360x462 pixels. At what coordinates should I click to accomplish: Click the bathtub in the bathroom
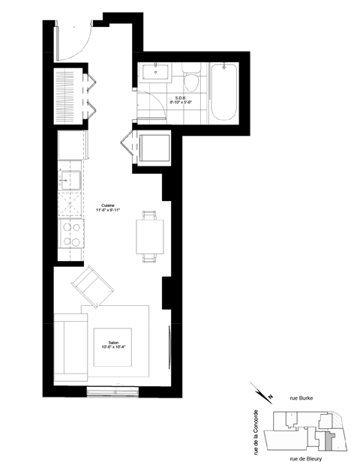pyautogui.click(x=223, y=94)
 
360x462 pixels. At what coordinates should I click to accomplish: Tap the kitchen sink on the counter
pyautogui.click(x=73, y=181)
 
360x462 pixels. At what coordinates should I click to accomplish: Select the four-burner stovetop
pyautogui.click(x=73, y=235)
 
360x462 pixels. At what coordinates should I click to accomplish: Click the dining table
pyautogui.click(x=149, y=237)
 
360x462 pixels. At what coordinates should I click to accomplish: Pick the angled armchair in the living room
pyautogui.click(x=91, y=287)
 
